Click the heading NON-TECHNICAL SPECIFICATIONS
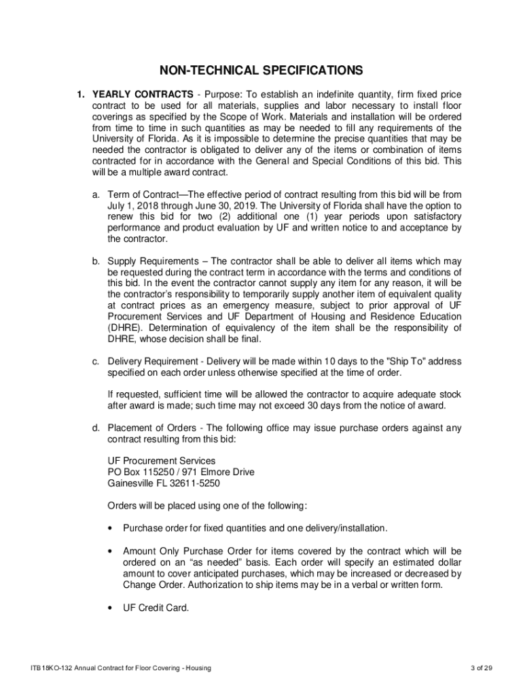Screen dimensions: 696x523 (261, 70)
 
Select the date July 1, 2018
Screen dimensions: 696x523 (134, 205)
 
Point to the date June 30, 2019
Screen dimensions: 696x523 (219, 205)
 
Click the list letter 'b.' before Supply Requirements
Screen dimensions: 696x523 (96, 261)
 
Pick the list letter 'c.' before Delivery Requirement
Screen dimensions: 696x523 (96, 360)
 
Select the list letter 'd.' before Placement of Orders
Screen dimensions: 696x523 (96, 428)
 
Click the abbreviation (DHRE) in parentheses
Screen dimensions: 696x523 (125, 328)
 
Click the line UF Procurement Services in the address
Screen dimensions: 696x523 (162, 461)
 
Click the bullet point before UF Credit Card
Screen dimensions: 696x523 (110, 608)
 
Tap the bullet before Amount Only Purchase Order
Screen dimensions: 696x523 (110, 551)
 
